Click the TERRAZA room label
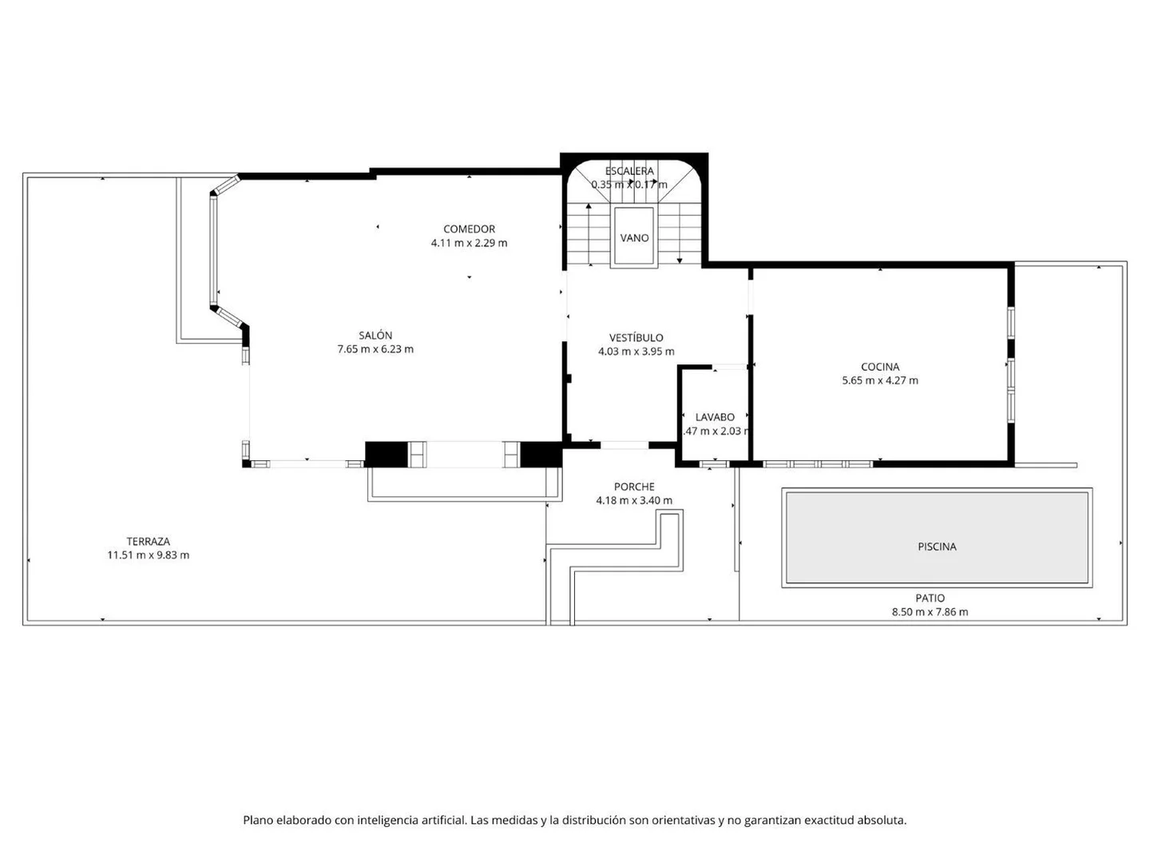148,541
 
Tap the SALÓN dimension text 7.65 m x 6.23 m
375,349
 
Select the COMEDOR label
469,229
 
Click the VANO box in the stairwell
634,237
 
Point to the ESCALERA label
629,171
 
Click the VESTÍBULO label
636,337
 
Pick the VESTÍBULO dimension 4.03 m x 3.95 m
636,352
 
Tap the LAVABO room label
715,417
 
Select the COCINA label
880,367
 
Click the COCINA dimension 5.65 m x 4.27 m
880,381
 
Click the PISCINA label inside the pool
937,547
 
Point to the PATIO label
930,598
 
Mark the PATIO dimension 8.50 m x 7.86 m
930,612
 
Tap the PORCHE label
634,487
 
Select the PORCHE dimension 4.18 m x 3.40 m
634,501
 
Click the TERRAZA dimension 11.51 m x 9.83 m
148,555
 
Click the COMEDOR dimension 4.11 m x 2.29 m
469,243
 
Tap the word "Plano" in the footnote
259,820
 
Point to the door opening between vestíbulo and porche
625,444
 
